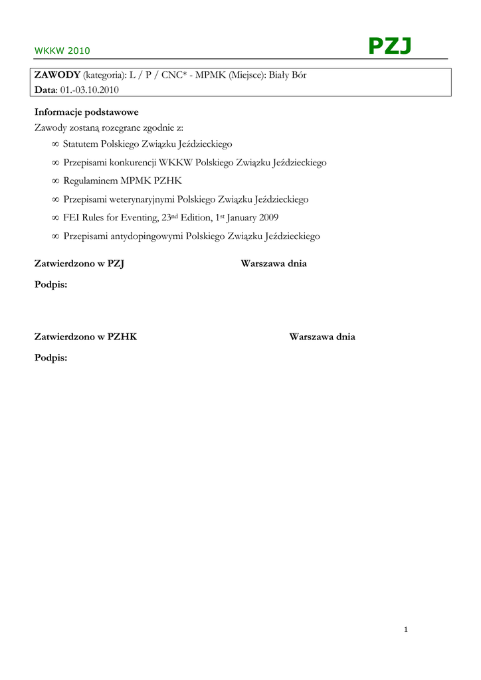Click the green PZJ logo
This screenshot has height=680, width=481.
390,46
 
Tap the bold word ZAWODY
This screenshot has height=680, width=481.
57,75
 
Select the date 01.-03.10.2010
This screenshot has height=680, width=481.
89,90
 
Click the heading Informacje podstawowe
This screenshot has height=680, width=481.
86,112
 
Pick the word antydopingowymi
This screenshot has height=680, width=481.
145,236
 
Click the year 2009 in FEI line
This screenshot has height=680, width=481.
268,217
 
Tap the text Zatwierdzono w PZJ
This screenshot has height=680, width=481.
80,264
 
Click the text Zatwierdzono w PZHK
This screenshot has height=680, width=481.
86,337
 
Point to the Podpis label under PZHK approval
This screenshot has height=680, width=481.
50,358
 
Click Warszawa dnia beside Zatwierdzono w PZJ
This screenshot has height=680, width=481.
274,264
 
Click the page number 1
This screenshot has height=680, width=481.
405,630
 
